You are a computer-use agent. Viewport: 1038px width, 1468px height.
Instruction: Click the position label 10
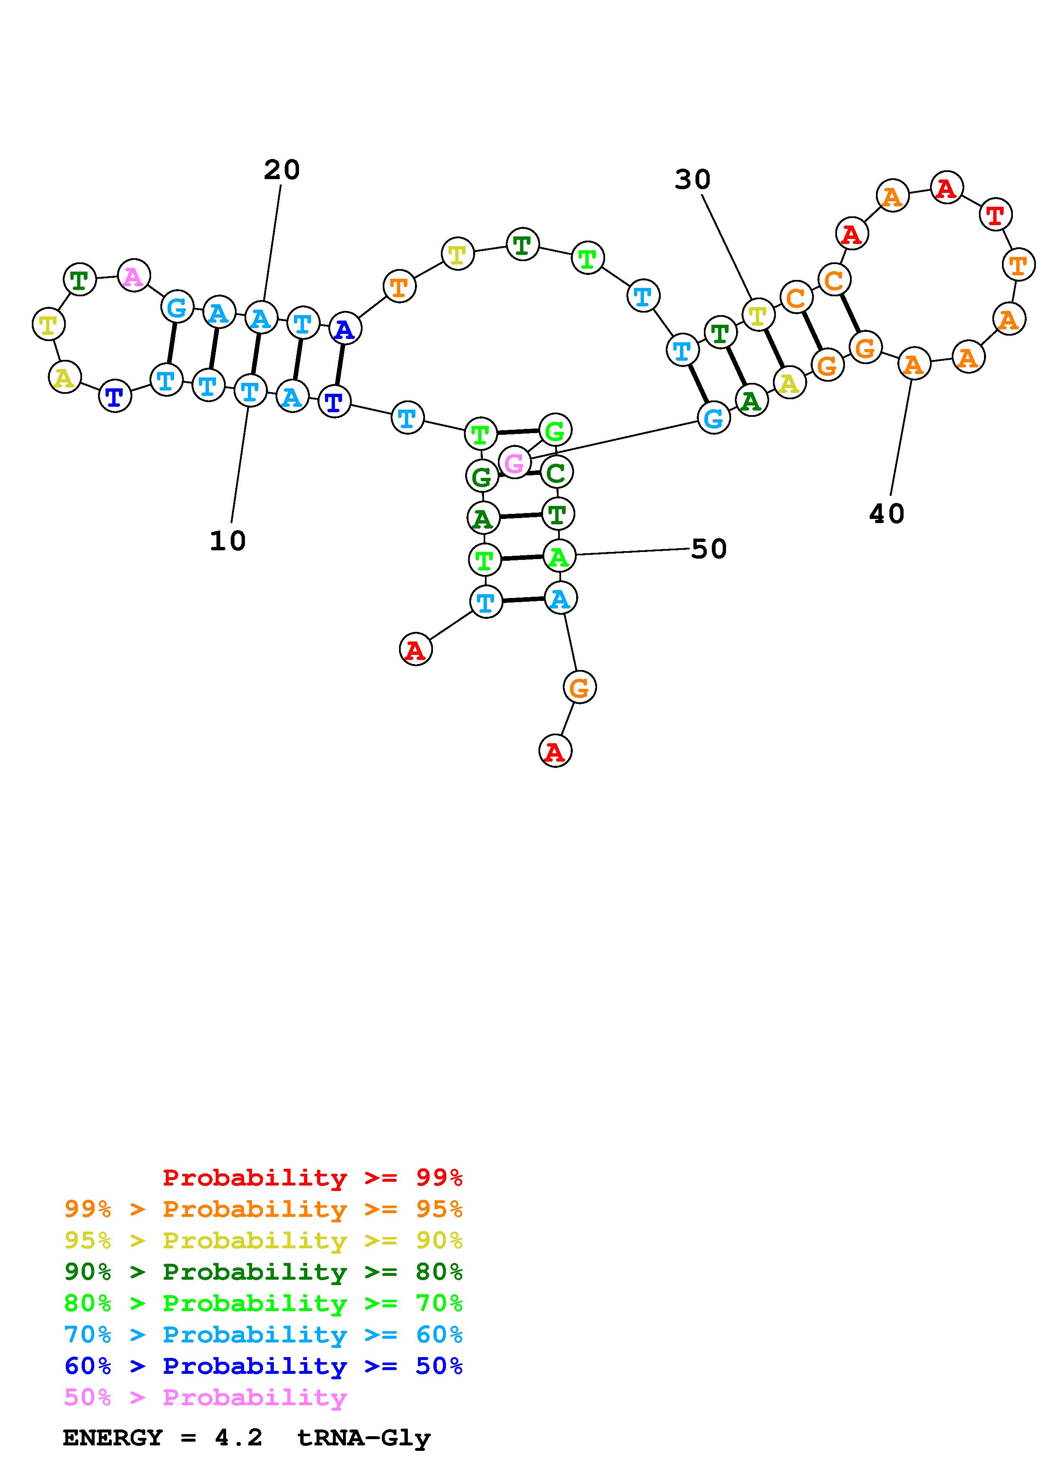click(x=228, y=542)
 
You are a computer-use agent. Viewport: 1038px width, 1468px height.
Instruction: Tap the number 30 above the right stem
click(x=693, y=180)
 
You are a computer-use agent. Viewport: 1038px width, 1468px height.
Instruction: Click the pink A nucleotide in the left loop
click(x=134, y=276)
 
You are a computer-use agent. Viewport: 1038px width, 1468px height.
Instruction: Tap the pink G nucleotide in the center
click(x=514, y=463)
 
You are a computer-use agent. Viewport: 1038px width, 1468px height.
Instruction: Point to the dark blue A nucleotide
click(x=345, y=329)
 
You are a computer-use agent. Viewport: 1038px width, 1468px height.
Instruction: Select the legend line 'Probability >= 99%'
click(x=313, y=1178)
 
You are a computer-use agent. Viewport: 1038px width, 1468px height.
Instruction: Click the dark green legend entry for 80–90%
click(x=263, y=1272)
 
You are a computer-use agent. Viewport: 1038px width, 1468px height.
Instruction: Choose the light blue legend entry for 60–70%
click(x=263, y=1335)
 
